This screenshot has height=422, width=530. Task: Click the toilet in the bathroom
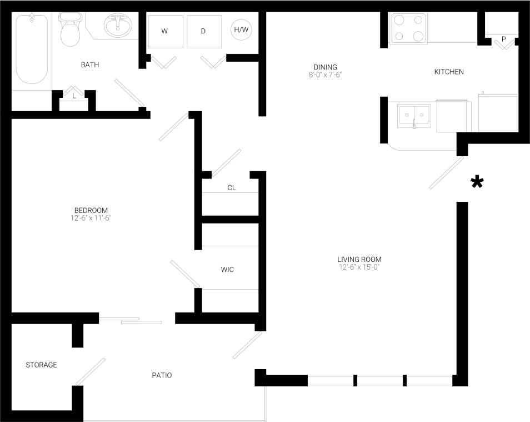(x=70, y=31)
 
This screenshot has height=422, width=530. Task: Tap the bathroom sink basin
(x=118, y=26)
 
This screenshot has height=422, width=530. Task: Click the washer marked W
(x=165, y=31)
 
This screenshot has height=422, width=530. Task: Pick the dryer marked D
(x=203, y=31)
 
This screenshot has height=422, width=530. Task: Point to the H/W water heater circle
(x=241, y=30)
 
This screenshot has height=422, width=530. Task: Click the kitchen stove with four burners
(x=408, y=28)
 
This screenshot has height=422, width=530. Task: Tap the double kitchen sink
(x=414, y=116)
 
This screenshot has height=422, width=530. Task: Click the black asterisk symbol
(x=477, y=182)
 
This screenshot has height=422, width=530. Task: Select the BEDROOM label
(x=91, y=210)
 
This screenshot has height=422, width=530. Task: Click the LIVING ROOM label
(x=359, y=259)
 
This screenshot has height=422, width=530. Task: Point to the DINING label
(x=325, y=67)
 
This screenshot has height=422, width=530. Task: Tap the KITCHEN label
(x=448, y=72)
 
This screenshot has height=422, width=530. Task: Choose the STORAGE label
(x=42, y=365)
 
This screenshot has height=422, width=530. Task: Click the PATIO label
(x=162, y=375)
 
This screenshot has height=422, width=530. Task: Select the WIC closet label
(x=227, y=270)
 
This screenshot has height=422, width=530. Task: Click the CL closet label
(x=232, y=188)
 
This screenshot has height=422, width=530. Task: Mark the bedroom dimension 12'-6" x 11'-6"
(x=91, y=218)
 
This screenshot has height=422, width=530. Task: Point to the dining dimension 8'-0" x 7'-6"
(x=325, y=75)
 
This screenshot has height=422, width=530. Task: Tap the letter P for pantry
(x=503, y=39)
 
